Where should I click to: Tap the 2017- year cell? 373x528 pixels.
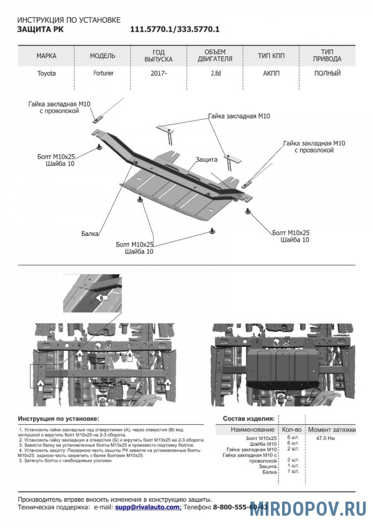[x=158, y=73]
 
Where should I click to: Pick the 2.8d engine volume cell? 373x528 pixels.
[x=215, y=73]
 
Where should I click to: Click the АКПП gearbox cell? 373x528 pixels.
[x=272, y=73]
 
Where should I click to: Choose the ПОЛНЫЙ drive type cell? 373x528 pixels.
[x=327, y=73]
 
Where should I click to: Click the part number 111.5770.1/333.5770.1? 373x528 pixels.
[x=174, y=29]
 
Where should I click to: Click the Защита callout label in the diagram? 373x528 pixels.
[x=206, y=159]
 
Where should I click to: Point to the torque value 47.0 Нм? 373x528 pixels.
[x=325, y=438]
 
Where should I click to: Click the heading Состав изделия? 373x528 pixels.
[x=249, y=419]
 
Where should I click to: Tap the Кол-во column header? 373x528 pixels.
[x=291, y=429]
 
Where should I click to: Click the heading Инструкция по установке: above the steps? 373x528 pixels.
[x=59, y=419]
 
